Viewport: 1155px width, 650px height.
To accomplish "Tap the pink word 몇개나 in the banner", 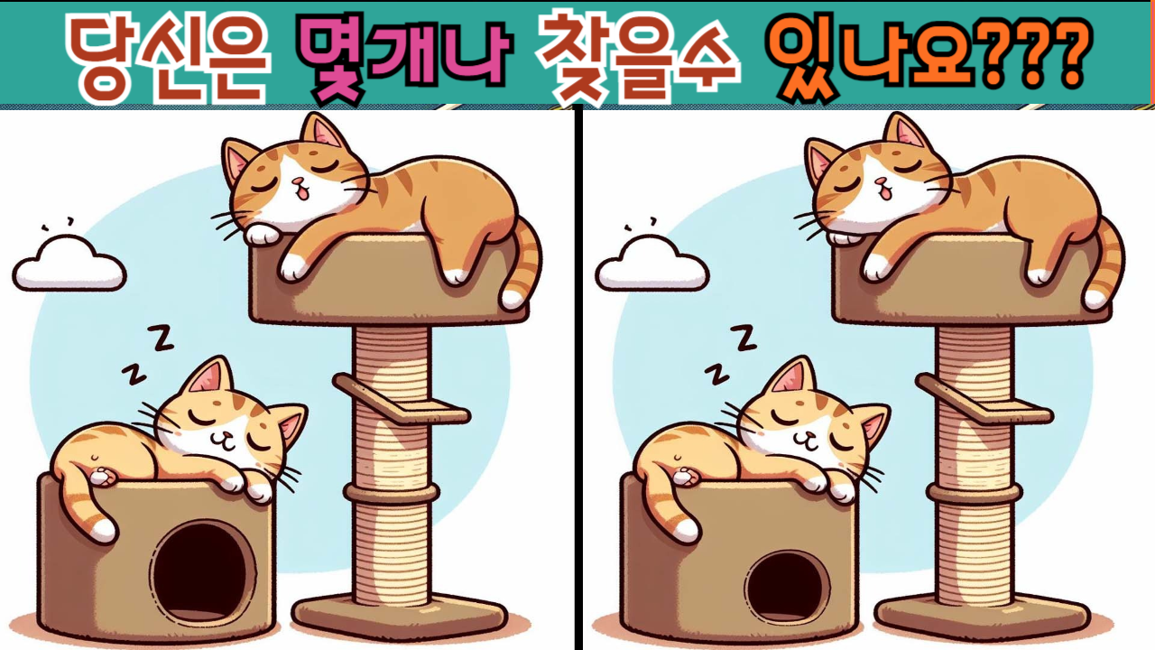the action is pyautogui.click(x=404, y=58).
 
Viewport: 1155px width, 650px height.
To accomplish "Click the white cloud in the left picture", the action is pyautogui.click(x=69, y=265).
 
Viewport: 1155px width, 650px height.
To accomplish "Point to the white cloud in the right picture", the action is pyautogui.click(x=652, y=265).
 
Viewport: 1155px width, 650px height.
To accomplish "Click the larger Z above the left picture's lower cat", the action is pyautogui.click(x=161, y=338).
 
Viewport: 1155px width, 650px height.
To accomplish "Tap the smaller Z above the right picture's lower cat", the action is pyautogui.click(x=717, y=375).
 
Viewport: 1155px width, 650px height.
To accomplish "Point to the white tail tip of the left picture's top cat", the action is pyautogui.click(x=512, y=299).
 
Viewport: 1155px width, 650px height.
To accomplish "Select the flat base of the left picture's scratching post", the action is pyautogui.click(x=400, y=617).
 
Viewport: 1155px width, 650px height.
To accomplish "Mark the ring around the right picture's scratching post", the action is pyautogui.click(x=974, y=494).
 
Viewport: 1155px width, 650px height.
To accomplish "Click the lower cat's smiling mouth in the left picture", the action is pyautogui.click(x=223, y=440).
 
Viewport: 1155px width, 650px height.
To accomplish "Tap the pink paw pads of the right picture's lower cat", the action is pyautogui.click(x=685, y=476).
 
